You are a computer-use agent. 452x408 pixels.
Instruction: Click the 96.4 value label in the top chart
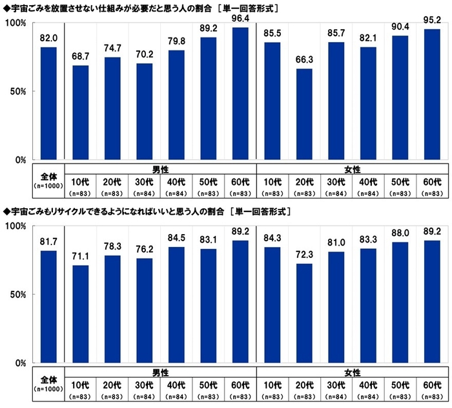(x=241, y=20)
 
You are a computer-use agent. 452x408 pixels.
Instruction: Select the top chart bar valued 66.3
(x=305, y=114)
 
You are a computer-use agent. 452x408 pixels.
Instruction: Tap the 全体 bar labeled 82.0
(x=48, y=103)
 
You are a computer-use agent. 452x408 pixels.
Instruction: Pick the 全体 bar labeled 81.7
(x=48, y=306)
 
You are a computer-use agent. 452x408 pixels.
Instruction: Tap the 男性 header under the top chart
(x=160, y=169)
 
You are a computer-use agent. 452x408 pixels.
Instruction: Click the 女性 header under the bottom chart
(x=353, y=372)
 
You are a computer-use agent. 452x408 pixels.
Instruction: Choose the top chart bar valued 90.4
(x=401, y=97)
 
